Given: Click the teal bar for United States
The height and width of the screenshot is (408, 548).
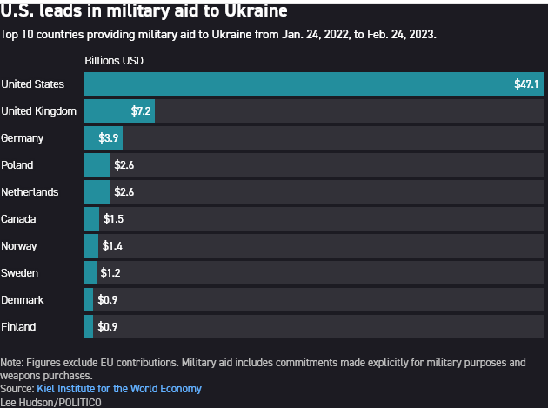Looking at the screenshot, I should coord(296,84).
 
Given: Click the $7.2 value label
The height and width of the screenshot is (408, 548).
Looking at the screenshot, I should coord(141,111).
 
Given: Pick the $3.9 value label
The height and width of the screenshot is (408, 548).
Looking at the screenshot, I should coord(109,138).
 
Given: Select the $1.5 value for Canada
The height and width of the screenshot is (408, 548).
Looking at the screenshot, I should coord(113,219).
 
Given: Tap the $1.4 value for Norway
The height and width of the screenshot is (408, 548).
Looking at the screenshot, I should coord(112,246).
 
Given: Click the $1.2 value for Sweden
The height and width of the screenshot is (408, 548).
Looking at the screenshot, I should coord(110,273).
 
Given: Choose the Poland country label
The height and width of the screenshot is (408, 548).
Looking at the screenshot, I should coord(17,165).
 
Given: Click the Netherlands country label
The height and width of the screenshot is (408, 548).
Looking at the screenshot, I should coord(30,192).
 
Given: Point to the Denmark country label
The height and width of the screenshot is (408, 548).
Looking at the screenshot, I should coord(23,300).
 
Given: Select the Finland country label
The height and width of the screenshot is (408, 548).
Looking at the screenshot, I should coord(19,327).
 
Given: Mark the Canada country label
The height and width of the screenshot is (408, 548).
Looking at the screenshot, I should coord(19,219).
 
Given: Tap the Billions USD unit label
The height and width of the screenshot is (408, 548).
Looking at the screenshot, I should coord(114,61).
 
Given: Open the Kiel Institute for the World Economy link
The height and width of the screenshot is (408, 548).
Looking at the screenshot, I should coord(119,389).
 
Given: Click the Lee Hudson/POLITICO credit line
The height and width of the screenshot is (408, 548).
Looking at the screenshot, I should coord(50,402).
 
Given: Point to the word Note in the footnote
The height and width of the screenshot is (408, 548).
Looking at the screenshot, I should coord(12,363).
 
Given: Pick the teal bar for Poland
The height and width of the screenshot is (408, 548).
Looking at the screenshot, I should coord(97,165).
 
